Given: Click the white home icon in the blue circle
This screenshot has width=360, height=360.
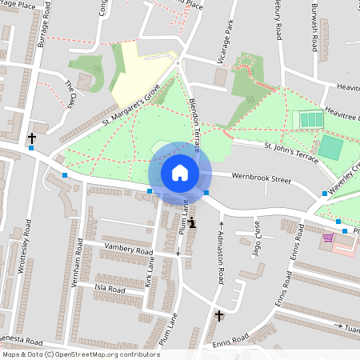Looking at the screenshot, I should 180,172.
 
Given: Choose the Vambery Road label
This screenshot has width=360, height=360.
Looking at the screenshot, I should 128,250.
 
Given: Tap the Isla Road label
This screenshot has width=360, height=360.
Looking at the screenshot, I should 110,289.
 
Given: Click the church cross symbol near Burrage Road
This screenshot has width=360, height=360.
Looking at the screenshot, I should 31,138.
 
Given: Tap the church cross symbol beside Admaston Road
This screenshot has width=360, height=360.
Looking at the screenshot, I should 219,316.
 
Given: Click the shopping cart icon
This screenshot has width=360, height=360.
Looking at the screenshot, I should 327,238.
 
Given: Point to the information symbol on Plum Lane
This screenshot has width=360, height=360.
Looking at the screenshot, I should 192,222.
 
